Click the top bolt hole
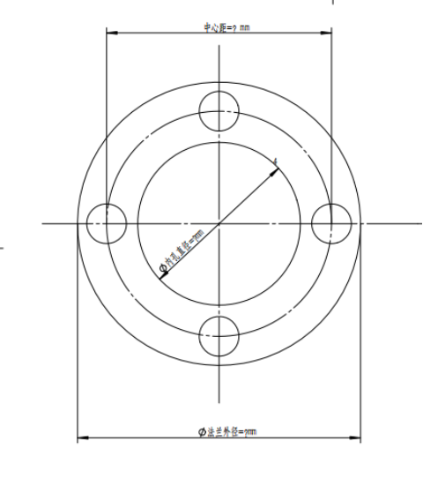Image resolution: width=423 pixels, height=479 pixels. pyautogui.click(x=219, y=111)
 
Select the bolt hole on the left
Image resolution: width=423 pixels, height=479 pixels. pyautogui.click(x=107, y=222)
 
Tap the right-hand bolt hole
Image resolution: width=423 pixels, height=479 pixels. pyautogui.click(x=331, y=222)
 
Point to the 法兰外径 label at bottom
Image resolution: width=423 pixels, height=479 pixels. pyautogui.click(x=228, y=431)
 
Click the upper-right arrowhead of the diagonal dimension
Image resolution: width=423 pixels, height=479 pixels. pyautogui.click(x=278, y=167)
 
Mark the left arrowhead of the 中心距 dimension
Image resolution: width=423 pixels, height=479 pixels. pyautogui.click(x=109, y=34)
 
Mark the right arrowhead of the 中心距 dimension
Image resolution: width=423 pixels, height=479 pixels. pyautogui.click(x=329, y=34)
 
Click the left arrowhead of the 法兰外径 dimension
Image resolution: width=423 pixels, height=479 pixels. pyautogui.click(x=81, y=437)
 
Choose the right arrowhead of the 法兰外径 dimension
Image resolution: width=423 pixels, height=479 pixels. pyautogui.click(x=357, y=437)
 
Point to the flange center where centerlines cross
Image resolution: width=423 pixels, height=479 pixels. pyautogui.click(x=219, y=222)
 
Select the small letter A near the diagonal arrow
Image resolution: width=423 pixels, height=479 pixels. pyautogui.click(x=276, y=160)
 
